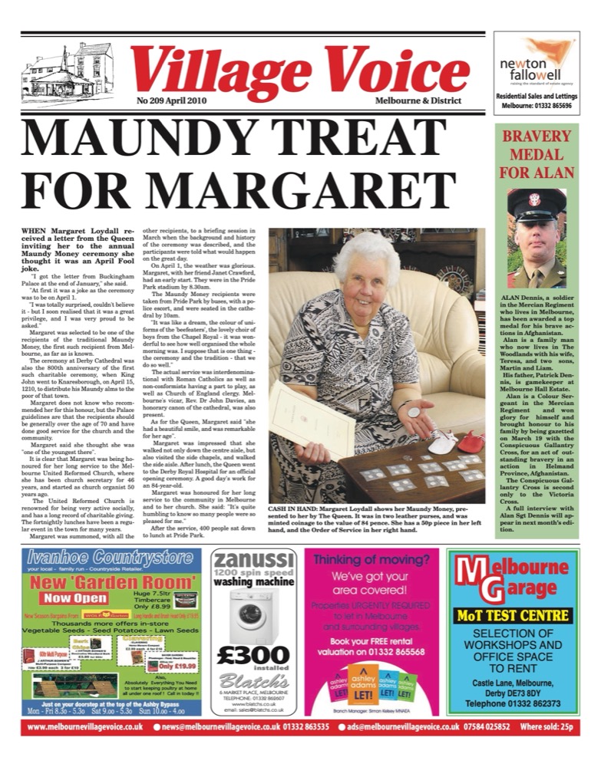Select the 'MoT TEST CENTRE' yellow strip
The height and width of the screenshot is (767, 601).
(x=513, y=615)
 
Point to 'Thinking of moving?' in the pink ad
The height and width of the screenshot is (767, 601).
(x=371, y=559)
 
